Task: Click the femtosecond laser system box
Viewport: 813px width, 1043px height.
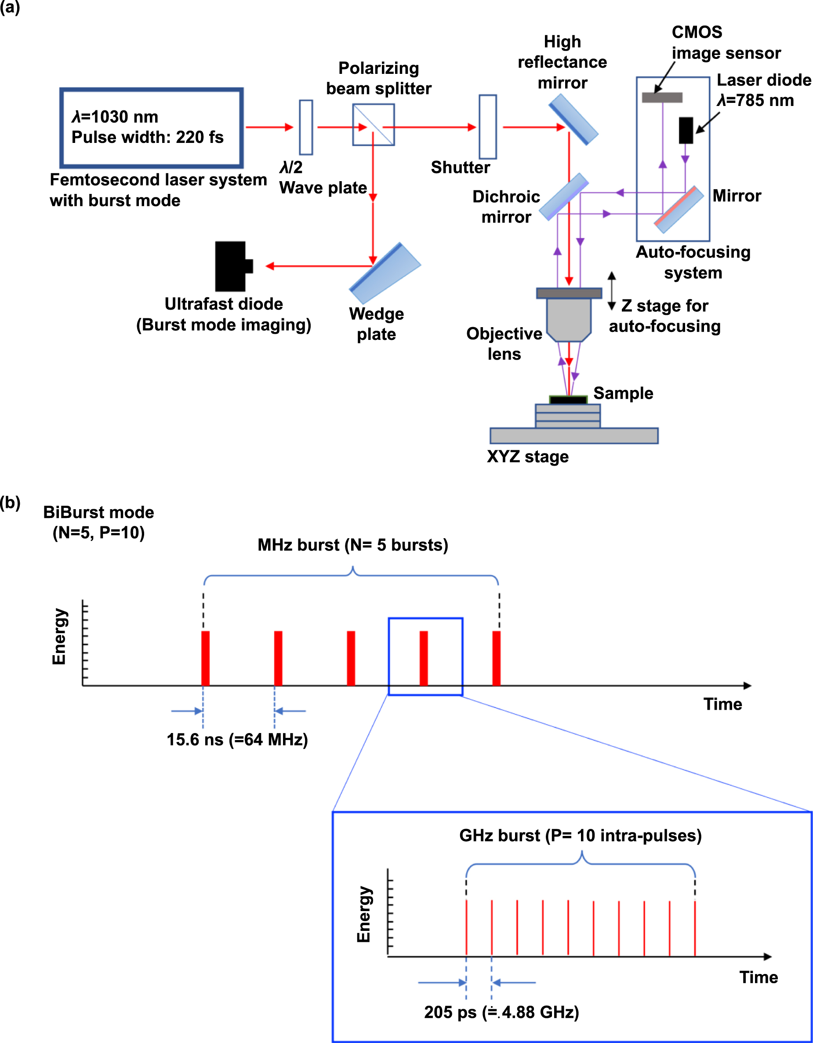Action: (151, 128)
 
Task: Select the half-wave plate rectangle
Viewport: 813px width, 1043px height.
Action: (305, 127)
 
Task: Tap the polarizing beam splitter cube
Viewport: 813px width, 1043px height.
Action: (374, 124)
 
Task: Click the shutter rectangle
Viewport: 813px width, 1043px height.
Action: (487, 127)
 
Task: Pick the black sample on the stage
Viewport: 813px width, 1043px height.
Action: (568, 400)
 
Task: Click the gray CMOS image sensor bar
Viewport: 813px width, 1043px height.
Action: (662, 98)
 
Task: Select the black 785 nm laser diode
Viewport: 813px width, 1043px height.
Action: (686, 130)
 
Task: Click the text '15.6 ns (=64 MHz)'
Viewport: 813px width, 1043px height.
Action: (237, 739)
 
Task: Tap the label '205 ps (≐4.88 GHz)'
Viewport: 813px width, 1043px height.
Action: (501, 1011)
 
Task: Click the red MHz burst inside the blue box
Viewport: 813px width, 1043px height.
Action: (424, 658)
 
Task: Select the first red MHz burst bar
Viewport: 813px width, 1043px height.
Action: (205, 658)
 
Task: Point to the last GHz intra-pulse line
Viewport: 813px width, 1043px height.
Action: (695, 928)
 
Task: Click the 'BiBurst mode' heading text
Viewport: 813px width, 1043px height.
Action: (98, 512)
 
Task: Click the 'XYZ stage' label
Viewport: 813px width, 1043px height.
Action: (527, 456)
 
